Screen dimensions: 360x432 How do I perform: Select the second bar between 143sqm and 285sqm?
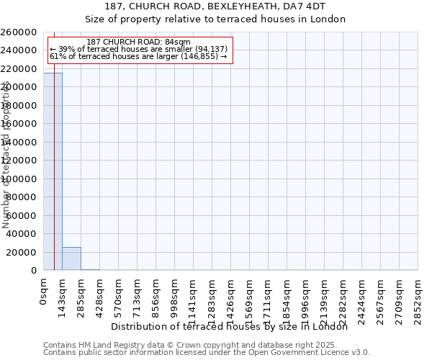coord(71,258)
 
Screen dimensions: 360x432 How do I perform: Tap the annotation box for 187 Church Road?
coord(139,50)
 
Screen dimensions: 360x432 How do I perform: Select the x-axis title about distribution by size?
coord(230,327)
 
